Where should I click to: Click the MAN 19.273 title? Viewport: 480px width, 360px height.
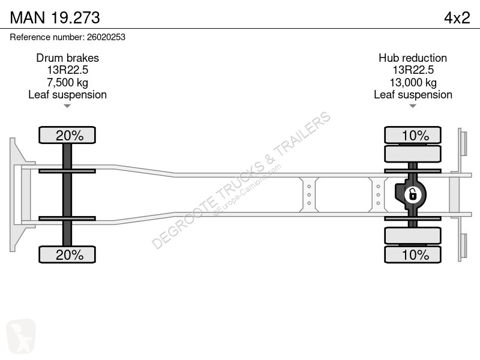point(55,17)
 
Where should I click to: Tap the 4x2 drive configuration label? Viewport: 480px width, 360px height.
point(457,18)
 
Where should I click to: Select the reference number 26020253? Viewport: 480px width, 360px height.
point(106,37)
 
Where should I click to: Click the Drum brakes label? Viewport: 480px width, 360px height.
point(68,58)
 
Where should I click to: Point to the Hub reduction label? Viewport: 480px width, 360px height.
point(413,58)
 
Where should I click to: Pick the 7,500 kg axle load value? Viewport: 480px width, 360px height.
point(67,82)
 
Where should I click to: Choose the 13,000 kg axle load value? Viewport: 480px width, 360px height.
point(413,82)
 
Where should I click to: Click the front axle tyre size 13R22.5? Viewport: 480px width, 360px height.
point(67,70)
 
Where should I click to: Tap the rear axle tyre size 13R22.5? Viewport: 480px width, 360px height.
point(413,70)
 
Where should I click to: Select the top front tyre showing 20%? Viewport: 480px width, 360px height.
point(67,135)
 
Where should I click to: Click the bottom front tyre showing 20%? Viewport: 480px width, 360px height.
point(67,254)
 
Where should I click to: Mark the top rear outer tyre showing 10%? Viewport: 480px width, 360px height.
point(413,135)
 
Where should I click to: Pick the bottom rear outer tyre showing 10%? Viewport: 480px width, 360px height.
point(413,254)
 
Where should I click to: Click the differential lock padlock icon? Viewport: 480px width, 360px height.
point(413,194)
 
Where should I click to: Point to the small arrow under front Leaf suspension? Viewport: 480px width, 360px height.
point(67,106)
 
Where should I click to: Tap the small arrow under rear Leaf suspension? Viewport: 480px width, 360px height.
point(413,106)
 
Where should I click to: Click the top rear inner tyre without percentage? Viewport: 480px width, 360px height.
point(413,154)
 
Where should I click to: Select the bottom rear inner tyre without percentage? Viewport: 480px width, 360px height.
point(413,236)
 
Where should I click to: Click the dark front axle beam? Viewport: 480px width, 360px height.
point(67,194)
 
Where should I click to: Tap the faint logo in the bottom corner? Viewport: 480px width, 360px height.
point(21,336)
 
